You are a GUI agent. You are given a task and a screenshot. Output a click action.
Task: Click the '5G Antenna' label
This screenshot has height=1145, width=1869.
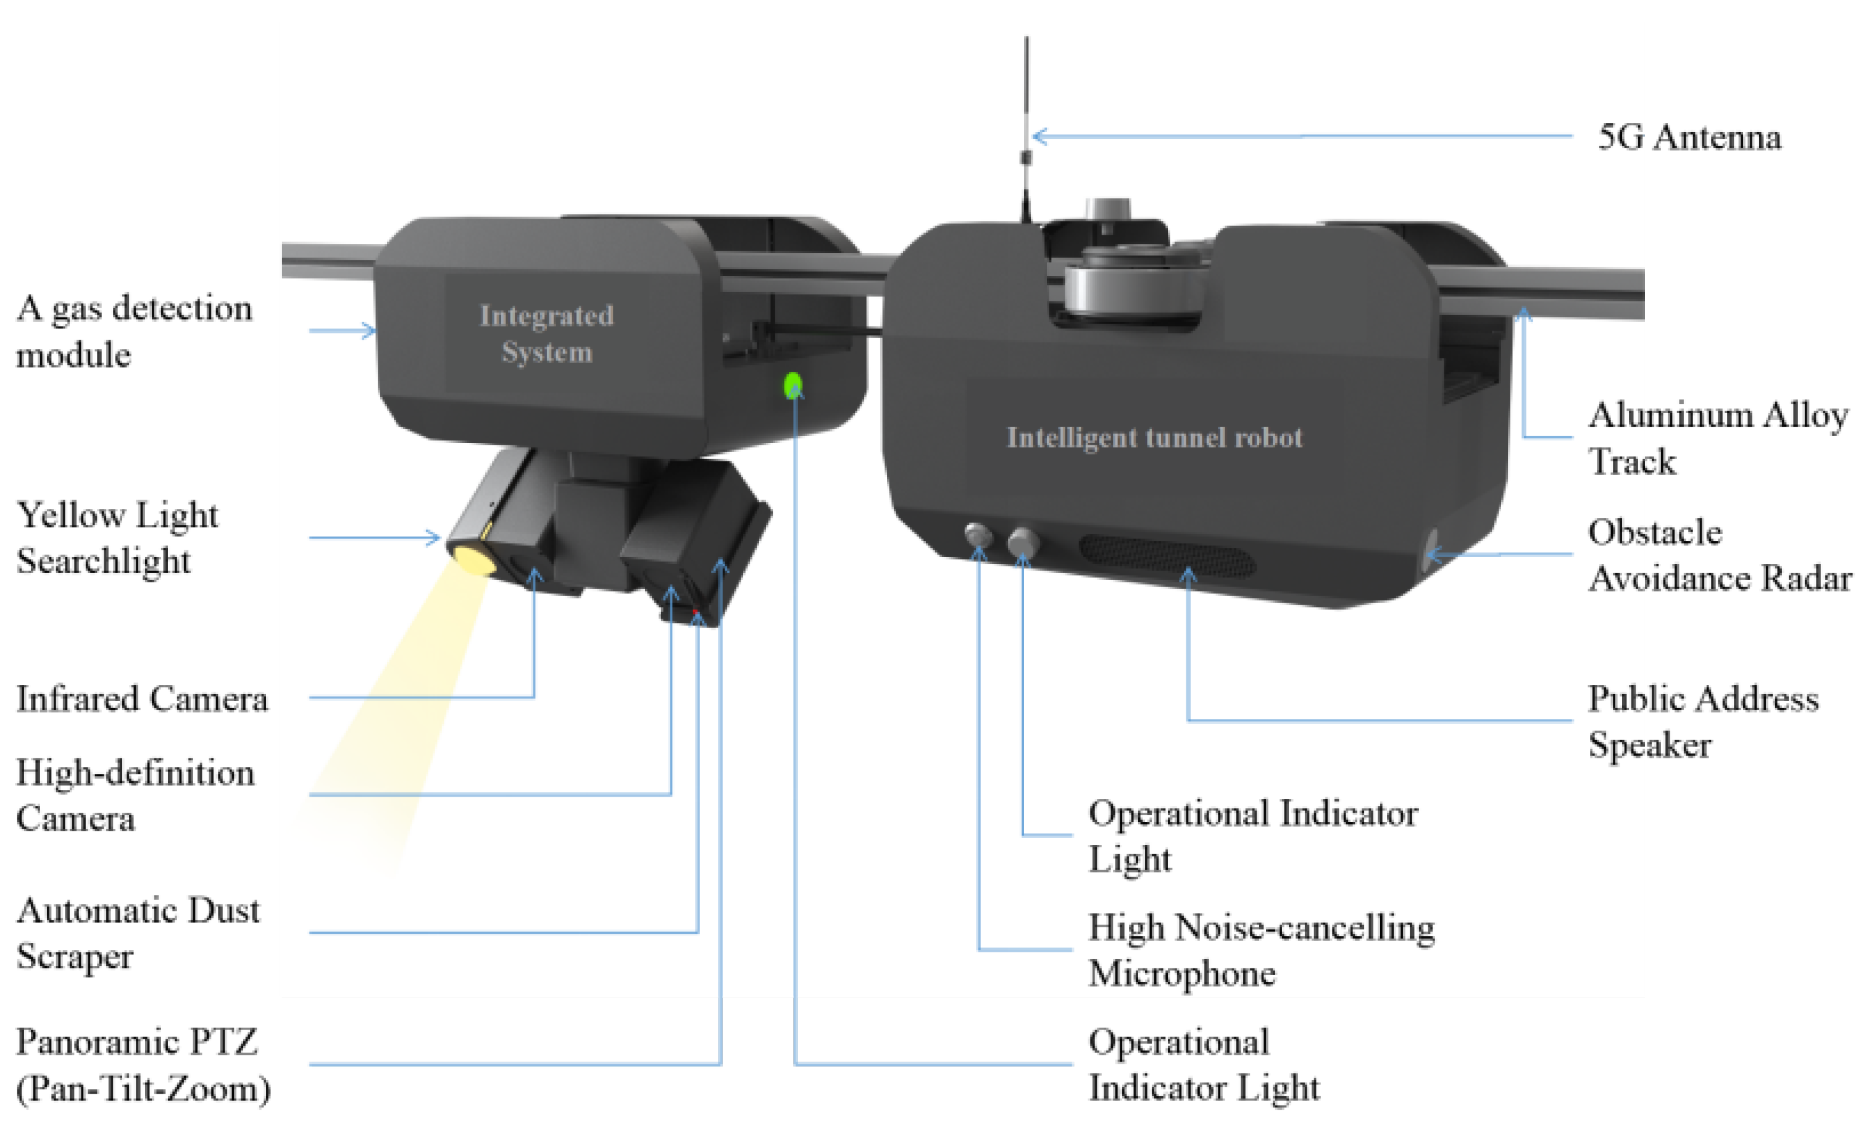coord(1689,137)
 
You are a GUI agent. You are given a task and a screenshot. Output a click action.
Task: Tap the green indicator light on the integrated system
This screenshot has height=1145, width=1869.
coord(793,385)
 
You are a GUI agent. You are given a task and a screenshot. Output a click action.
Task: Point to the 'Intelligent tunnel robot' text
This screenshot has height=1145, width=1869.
coord(1154,437)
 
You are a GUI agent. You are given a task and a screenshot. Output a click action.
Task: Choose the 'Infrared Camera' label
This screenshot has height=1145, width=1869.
coord(143,698)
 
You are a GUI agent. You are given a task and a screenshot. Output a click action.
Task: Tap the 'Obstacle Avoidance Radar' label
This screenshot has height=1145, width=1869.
coord(1720,555)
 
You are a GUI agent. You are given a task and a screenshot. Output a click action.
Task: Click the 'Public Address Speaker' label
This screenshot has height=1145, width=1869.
coord(1703,721)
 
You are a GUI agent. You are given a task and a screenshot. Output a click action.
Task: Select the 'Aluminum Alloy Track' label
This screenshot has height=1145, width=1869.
coord(1718,438)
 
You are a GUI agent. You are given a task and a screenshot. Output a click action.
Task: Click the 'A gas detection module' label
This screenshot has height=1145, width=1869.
coord(135,331)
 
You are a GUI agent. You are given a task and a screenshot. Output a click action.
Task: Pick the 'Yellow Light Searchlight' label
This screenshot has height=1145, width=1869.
coord(117,537)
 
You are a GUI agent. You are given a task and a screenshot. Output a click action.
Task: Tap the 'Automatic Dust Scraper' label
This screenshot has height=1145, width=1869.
coord(138,933)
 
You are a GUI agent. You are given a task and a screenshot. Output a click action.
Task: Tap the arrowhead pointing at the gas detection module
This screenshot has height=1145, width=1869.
coord(370,331)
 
